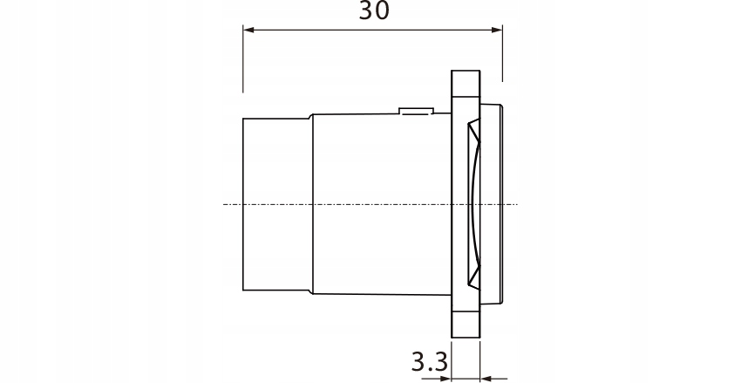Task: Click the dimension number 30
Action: (374, 11)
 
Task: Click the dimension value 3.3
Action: (429, 359)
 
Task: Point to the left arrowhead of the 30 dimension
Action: (248, 31)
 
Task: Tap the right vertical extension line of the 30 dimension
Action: (502, 52)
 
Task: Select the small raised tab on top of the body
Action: (415, 111)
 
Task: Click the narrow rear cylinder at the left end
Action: (275, 204)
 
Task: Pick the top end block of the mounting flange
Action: (466, 85)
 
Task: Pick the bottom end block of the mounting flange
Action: (466, 323)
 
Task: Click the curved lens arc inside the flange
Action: (471, 204)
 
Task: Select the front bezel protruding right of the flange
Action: (493, 204)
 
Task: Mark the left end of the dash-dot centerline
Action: (225, 204)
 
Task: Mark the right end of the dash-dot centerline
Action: (516, 204)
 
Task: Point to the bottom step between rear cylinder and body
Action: (309, 290)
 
